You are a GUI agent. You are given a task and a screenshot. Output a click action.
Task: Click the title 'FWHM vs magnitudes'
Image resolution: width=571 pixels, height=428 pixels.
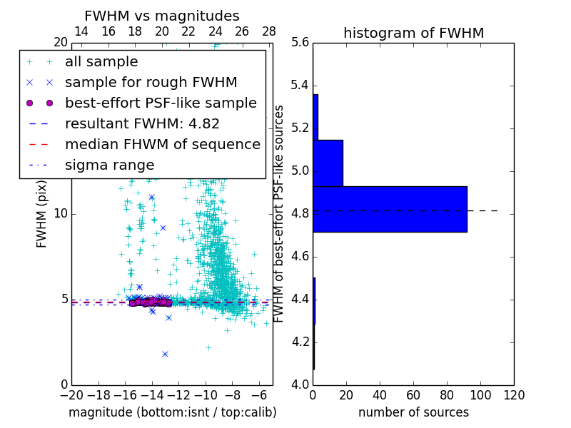click(162, 16)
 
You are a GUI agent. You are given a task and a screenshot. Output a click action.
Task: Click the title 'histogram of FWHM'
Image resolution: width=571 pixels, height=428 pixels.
click(413, 33)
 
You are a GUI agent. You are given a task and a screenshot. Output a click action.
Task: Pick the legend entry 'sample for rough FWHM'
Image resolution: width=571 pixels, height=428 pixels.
click(151, 82)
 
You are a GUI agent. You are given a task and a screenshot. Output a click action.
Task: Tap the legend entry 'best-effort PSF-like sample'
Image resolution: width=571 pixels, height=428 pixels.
click(161, 103)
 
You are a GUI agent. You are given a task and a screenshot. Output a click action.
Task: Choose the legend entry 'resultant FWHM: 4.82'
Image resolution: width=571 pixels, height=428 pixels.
click(142, 123)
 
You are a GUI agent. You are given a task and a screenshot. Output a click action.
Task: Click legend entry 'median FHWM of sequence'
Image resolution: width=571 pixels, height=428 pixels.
click(162, 144)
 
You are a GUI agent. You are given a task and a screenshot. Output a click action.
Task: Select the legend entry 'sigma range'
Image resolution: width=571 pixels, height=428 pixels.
click(109, 165)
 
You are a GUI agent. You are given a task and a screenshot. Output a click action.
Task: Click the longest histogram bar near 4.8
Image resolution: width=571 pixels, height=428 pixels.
click(390, 209)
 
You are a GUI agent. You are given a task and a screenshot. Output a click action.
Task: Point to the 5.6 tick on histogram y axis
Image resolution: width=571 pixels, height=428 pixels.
click(300, 43)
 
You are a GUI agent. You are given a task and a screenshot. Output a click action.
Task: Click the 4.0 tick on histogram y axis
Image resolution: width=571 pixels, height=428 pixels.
click(300, 384)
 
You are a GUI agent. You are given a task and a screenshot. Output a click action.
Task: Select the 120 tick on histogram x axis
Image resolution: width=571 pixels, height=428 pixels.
click(514, 394)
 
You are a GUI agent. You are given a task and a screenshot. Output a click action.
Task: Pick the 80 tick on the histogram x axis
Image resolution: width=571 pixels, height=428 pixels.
click(447, 394)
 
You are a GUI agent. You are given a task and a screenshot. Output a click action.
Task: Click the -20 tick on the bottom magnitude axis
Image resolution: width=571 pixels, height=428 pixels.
click(71, 394)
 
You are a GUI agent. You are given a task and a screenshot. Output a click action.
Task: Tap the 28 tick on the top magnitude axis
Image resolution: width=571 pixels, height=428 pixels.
click(269, 31)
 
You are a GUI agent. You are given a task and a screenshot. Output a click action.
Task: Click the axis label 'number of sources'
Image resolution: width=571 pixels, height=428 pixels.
click(413, 412)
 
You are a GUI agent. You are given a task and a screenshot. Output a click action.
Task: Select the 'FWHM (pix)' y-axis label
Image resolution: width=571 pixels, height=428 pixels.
click(42, 213)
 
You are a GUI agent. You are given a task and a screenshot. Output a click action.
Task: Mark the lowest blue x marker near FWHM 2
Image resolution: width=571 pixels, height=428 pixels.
click(165, 354)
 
